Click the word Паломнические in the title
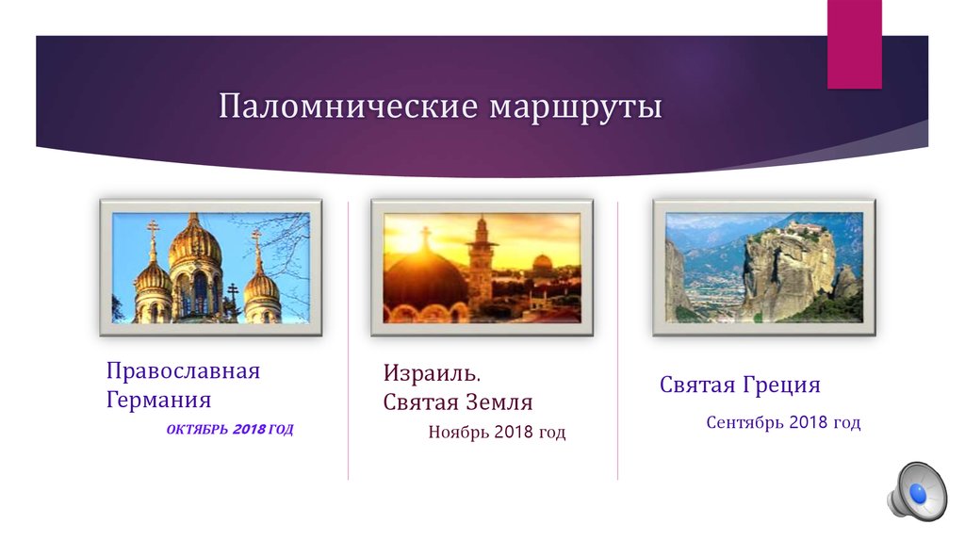click(x=348, y=106)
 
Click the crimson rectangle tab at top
click(x=854, y=44)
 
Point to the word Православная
click(x=183, y=371)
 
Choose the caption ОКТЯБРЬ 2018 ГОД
click(x=230, y=430)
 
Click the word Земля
click(x=498, y=402)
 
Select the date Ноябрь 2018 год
click(x=497, y=434)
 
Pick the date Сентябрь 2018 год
click(x=783, y=423)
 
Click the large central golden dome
click(x=195, y=247)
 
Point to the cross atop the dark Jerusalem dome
click(x=424, y=236)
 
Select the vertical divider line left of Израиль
click(x=349, y=339)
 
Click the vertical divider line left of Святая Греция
click(x=618, y=339)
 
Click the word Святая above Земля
click(x=420, y=402)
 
